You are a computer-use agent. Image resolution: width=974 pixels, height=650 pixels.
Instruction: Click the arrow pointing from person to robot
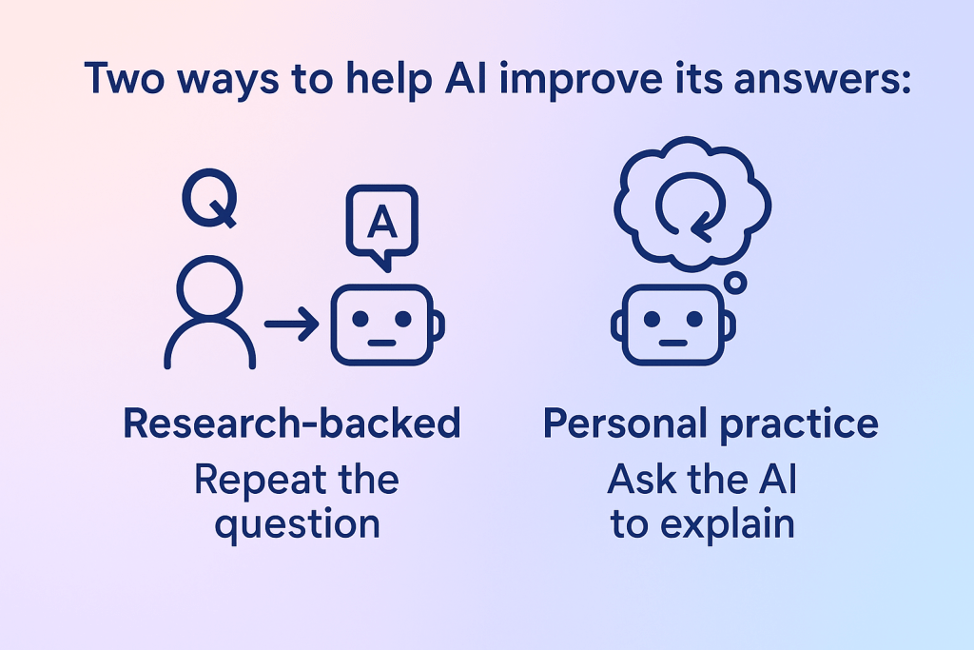click(292, 325)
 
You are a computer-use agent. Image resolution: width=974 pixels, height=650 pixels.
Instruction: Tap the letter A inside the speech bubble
click(381, 223)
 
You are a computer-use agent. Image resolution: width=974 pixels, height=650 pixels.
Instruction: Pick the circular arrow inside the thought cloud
click(692, 210)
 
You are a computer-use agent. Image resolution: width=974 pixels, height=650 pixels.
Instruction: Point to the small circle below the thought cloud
click(734, 283)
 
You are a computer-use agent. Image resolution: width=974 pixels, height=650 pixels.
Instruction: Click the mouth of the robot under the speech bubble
click(381, 341)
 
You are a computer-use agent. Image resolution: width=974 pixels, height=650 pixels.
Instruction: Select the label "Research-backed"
click(292, 424)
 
